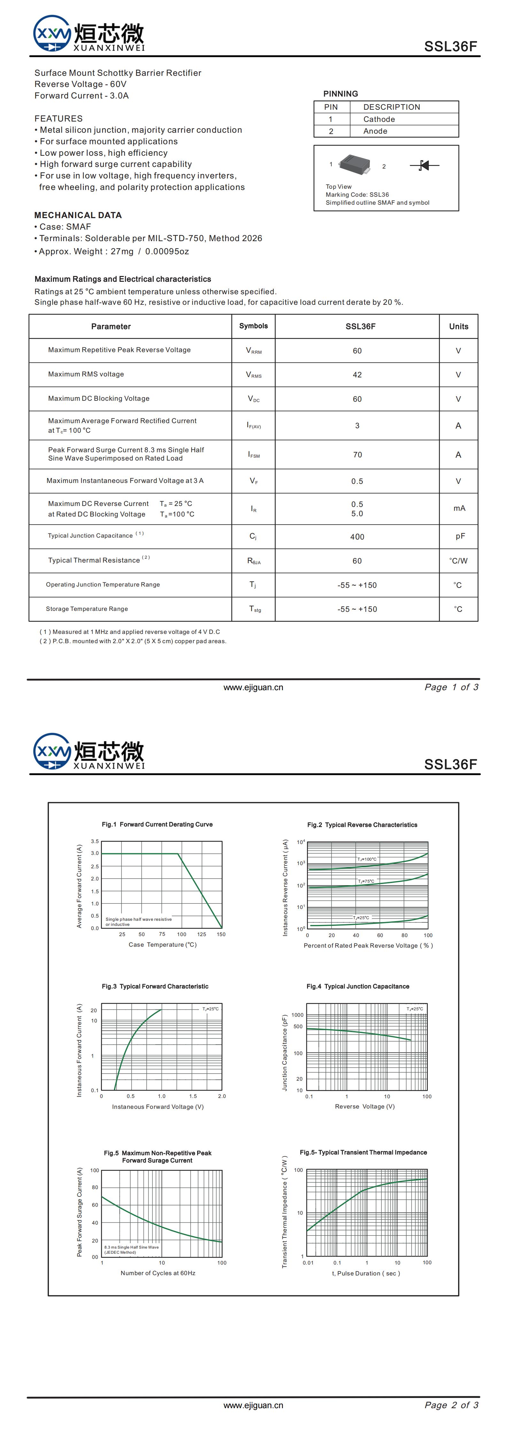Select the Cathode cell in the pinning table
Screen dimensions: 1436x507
(x=379, y=119)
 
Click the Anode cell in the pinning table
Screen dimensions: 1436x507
(x=375, y=131)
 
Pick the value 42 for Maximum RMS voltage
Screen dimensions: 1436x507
(x=357, y=375)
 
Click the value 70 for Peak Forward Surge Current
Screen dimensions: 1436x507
(x=357, y=455)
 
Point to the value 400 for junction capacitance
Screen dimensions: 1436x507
(x=357, y=537)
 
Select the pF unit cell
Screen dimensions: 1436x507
(x=460, y=536)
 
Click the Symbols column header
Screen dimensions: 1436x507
(x=254, y=326)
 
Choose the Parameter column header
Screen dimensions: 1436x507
(x=111, y=327)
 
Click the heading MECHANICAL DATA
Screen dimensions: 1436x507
(x=78, y=215)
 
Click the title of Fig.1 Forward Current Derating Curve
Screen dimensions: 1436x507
(x=157, y=825)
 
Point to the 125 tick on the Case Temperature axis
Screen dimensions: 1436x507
(x=202, y=934)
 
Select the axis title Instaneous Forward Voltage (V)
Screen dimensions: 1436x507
(x=158, y=1107)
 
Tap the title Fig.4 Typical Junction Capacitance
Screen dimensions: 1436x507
(x=358, y=986)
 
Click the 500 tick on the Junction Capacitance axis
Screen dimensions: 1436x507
(x=298, y=1026)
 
